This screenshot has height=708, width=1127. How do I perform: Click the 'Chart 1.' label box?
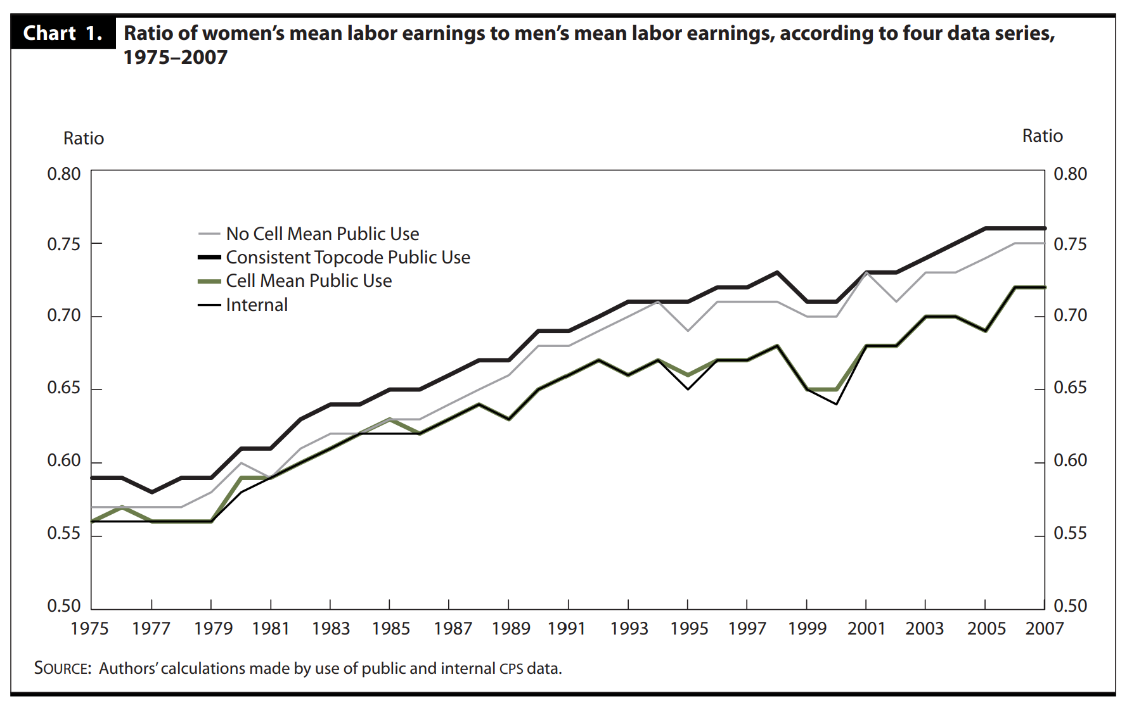[x=63, y=33]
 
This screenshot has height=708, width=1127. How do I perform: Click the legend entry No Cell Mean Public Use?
[x=322, y=234]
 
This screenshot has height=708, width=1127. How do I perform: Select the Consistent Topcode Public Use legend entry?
[x=347, y=257]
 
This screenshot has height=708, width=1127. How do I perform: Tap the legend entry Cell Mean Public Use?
[x=309, y=281]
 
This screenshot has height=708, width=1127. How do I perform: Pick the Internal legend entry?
[x=257, y=305]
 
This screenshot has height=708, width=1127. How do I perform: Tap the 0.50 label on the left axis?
[x=64, y=606]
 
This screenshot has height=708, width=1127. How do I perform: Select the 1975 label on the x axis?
[x=89, y=628]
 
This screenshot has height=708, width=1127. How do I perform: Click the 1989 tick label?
[x=510, y=628]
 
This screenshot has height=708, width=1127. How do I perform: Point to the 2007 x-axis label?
[x=1044, y=628]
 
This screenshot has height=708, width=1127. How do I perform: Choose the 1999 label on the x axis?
[x=807, y=628]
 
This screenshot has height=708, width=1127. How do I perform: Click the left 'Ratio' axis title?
[x=83, y=138]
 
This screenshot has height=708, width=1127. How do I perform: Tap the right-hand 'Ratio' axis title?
[x=1042, y=136]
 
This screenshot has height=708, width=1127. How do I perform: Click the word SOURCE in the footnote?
[x=62, y=668]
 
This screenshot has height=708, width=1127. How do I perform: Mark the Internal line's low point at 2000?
[x=837, y=404]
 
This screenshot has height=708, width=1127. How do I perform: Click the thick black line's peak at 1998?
[x=777, y=272]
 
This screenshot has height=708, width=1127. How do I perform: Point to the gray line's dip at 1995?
[x=688, y=331]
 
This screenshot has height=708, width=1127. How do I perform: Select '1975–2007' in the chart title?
[x=175, y=58]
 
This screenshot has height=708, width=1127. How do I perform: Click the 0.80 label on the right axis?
[x=1070, y=174]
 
